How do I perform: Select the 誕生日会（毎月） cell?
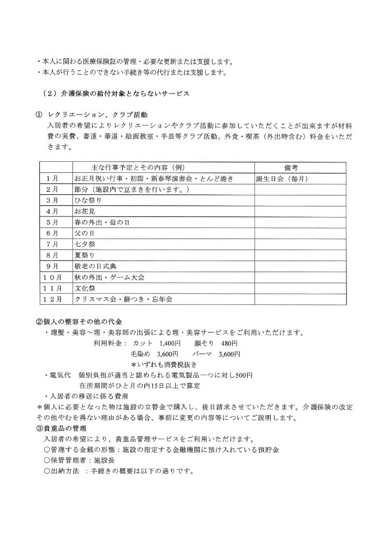click(x=282, y=179)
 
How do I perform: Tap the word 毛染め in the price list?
click(x=140, y=354)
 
